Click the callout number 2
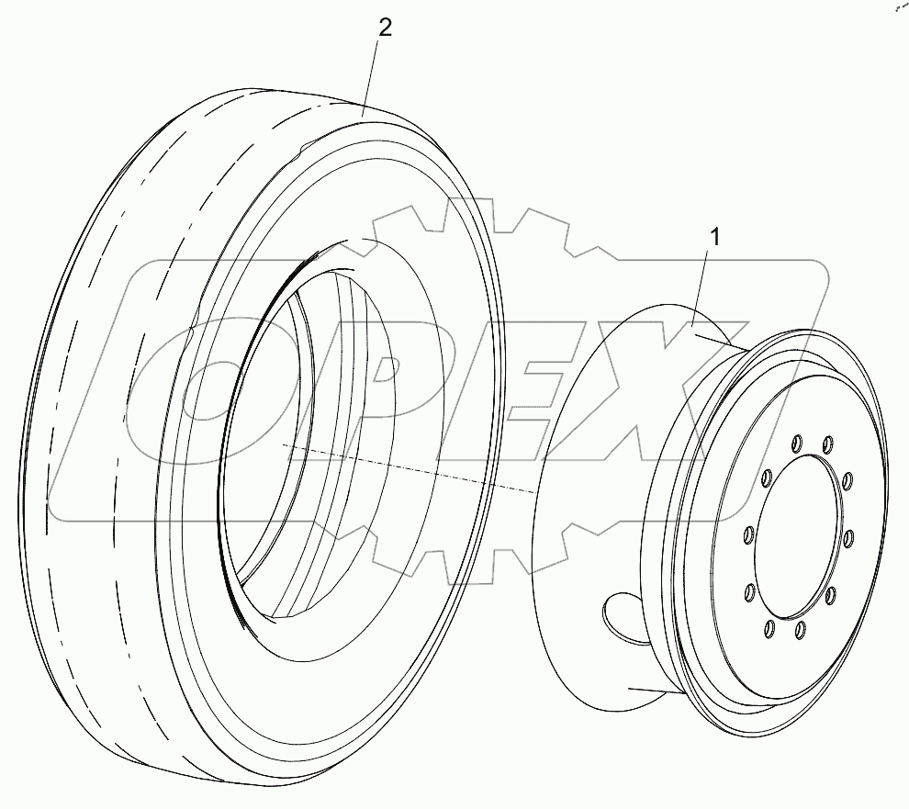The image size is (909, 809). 385,28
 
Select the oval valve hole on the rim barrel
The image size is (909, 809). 624,615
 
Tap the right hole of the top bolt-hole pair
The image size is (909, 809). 827,444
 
